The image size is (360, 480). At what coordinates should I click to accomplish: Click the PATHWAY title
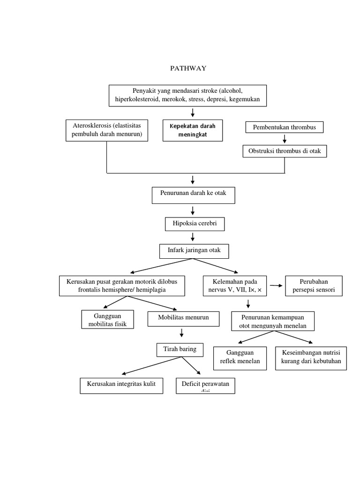[x=187, y=68]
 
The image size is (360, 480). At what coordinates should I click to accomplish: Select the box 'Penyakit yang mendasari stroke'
[x=187, y=96]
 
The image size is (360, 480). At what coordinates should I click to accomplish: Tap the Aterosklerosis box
[x=107, y=130]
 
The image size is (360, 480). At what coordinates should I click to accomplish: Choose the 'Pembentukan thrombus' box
[x=284, y=127]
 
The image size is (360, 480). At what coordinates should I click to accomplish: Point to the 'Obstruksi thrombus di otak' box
[x=285, y=151]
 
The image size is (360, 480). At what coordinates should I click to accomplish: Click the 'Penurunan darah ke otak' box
[x=193, y=195]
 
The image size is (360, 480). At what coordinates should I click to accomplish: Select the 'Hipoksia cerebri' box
[x=195, y=225]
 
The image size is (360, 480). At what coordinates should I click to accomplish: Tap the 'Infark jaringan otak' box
[x=195, y=251]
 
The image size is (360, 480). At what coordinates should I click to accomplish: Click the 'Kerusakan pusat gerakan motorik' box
[x=122, y=286]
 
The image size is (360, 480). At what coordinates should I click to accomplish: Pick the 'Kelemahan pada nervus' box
[x=234, y=286]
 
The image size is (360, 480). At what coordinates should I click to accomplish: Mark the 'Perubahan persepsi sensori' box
[x=314, y=286]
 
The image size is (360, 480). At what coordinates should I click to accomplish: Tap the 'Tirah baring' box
[x=180, y=350]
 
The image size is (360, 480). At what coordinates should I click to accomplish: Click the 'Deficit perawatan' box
[x=205, y=386]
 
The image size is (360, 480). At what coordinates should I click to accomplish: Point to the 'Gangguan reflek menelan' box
[x=240, y=358]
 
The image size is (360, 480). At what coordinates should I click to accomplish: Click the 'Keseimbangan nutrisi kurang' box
[x=311, y=358]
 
